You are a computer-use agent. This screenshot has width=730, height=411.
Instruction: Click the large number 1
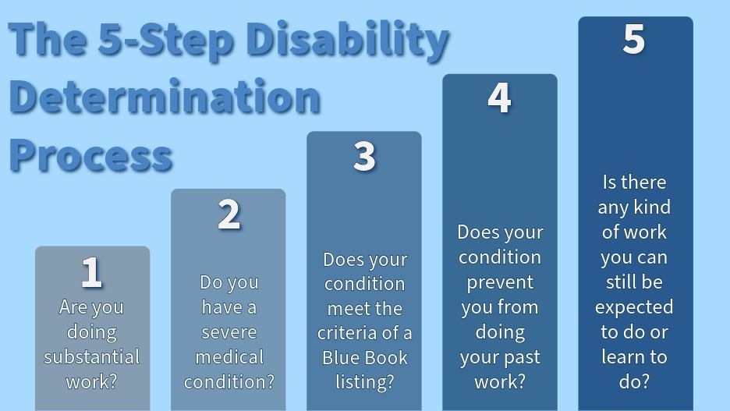92,273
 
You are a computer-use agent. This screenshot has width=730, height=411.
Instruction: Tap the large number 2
229,214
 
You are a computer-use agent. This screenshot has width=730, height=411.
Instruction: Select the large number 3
364,157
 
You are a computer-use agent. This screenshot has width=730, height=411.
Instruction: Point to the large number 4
499,98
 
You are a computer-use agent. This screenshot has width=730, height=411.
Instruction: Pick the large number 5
634,40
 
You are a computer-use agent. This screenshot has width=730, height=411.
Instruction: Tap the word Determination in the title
165,97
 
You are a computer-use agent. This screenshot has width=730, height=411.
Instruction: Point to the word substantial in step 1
92,357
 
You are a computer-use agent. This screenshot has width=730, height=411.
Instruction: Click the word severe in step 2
229,332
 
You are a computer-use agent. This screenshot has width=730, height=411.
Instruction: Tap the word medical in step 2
229,357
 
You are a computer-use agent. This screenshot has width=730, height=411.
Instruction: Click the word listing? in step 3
364,383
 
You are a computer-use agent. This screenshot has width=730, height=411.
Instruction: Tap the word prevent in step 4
499,282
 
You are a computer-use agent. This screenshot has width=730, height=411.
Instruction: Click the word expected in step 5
634,306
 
